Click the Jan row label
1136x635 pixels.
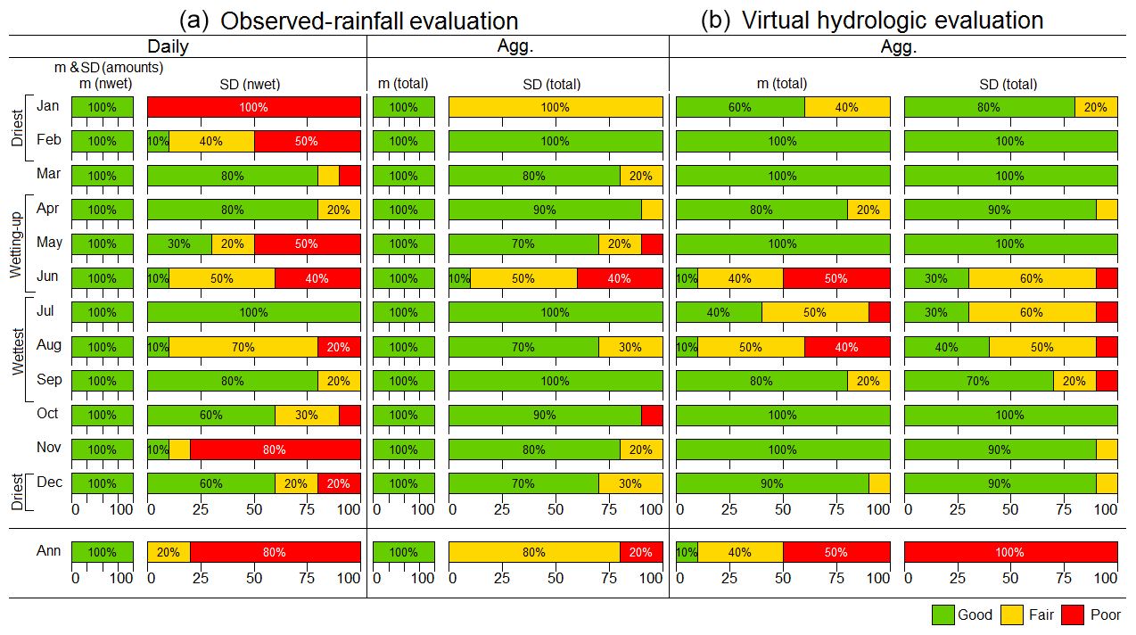click(x=48, y=106)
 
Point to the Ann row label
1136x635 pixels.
click(x=48, y=551)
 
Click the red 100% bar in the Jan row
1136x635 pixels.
click(x=254, y=107)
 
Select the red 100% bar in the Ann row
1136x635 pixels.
click(x=1011, y=552)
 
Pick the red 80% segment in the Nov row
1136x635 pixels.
click(x=275, y=450)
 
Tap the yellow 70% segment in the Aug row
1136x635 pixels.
click(x=243, y=347)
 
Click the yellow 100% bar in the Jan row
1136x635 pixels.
click(x=556, y=107)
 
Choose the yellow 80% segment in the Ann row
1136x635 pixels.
click(x=534, y=552)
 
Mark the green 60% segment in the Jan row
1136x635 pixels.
click(x=740, y=107)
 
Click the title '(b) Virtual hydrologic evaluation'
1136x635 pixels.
click(x=872, y=20)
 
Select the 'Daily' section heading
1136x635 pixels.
click(x=168, y=46)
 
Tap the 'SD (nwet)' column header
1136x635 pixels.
click(x=250, y=85)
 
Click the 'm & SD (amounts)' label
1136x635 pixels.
click(x=108, y=67)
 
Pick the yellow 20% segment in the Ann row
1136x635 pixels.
click(x=169, y=552)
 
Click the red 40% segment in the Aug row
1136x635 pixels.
click(x=847, y=347)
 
